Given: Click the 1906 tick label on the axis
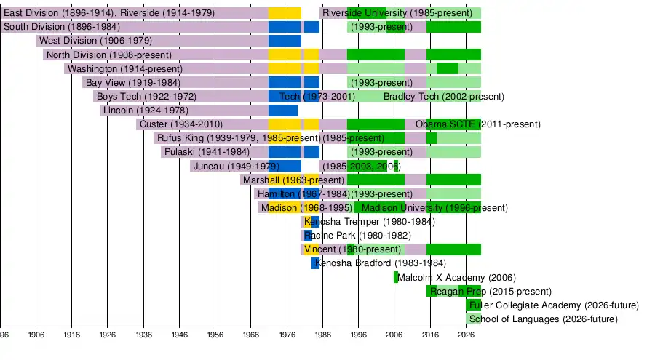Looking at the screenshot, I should [36, 334].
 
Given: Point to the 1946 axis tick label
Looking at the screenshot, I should [179, 334].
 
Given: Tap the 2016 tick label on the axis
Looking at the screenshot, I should [430, 334].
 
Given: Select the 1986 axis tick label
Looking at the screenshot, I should [322, 334].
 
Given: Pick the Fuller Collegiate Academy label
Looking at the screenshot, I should [554, 305].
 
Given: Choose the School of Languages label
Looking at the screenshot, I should [543, 319].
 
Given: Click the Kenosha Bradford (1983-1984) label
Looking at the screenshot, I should [381, 263].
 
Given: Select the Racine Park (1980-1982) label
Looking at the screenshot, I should [357, 236].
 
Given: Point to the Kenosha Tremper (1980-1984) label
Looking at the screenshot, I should [369, 221].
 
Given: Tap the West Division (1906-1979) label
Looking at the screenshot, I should [95, 41].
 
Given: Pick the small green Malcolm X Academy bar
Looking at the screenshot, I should [396, 277].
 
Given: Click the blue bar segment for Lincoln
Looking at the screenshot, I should [283, 111].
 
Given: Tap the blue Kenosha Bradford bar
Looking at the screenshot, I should [315, 263].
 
